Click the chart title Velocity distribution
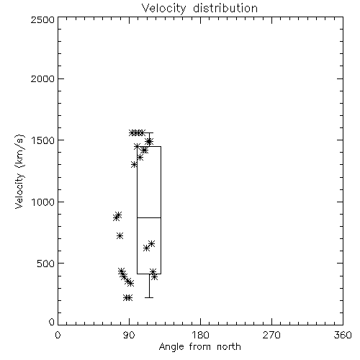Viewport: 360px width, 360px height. pyautogui.click(x=199, y=9)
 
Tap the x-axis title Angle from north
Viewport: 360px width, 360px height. pyautogui.click(x=199, y=347)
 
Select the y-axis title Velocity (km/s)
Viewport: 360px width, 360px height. pyautogui.click(x=19, y=171)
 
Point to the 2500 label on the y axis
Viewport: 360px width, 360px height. pyautogui.click(x=42, y=20)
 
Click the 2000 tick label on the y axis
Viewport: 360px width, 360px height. pyautogui.click(x=42, y=79)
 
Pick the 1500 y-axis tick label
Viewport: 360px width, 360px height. pyautogui.click(x=43, y=140)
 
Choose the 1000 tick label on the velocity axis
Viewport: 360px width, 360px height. pyautogui.click(x=43, y=202)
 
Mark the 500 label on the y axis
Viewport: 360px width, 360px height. pyautogui.click(x=46, y=264)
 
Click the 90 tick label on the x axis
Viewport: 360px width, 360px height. pyautogui.click(x=129, y=335)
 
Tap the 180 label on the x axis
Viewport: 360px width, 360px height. pyautogui.click(x=200, y=335)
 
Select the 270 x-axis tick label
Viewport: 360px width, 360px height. pyautogui.click(x=271, y=335)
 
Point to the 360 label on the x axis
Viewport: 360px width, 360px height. pyautogui.click(x=343, y=335)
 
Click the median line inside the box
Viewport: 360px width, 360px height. pyautogui.click(x=149, y=217)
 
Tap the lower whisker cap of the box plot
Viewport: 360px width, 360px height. pyautogui.click(x=149, y=297)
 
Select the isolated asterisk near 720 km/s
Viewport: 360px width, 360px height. pyautogui.click(x=120, y=236)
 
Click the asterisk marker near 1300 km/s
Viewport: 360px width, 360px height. pyautogui.click(x=134, y=165)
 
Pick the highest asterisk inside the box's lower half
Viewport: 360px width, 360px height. pyautogui.click(x=151, y=244)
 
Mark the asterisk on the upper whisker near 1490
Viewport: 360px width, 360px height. pyautogui.click(x=149, y=141)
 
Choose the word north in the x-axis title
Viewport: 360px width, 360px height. pyautogui.click(x=229, y=347)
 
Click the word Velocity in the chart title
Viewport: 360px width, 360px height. pyautogui.click(x=163, y=9)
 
